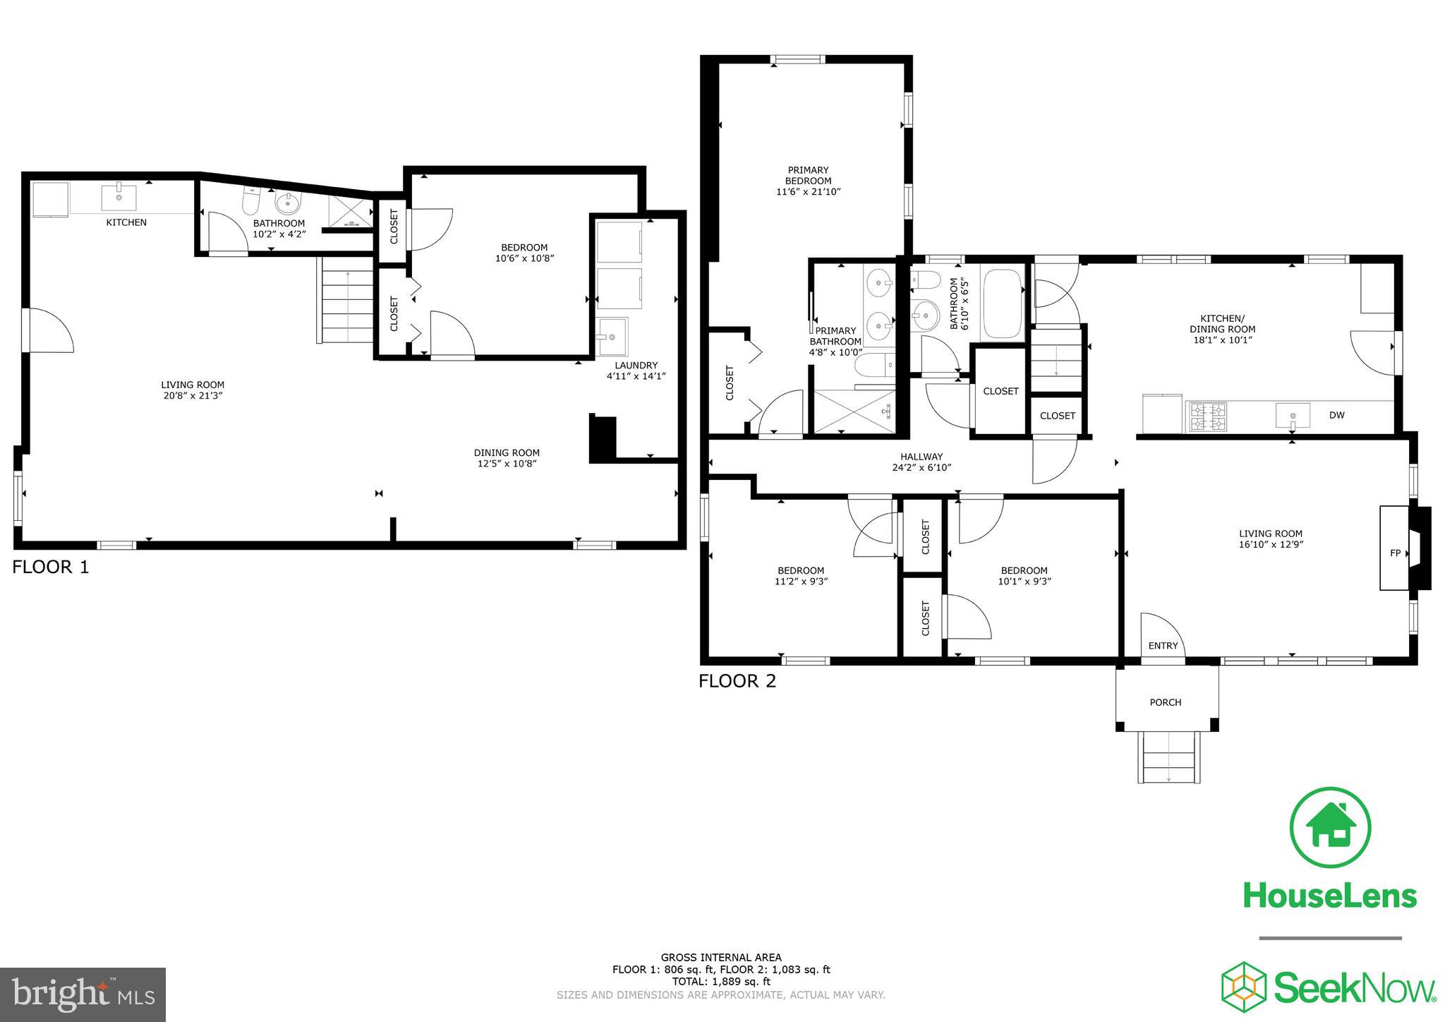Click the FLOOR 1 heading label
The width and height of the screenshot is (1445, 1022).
pos(51,567)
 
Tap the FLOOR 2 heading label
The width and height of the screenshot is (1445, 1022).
pos(737,681)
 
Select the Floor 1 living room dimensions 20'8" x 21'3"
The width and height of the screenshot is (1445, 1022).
pos(193,396)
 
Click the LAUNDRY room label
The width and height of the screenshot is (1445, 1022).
pos(636,366)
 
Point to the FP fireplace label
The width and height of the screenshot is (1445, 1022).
pos(1395,553)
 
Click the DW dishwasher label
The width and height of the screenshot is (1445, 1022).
pos(1336,415)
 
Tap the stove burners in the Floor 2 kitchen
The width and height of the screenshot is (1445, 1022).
pos(1208,416)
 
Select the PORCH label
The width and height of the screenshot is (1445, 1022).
pos(1166,702)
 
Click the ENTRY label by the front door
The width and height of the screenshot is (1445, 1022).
pos(1163,646)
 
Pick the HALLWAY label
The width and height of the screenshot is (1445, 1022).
pos(921,457)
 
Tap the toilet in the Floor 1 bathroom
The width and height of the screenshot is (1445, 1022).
pos(251,202)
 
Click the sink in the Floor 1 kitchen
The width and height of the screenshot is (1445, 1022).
pos(119,197)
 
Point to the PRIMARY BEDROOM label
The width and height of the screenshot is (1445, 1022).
pos(809,175)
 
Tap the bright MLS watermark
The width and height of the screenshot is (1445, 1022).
pos(83,994)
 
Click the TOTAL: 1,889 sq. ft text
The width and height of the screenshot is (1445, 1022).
pos(720,981)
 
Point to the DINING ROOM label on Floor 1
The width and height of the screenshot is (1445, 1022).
pos(507,453)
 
